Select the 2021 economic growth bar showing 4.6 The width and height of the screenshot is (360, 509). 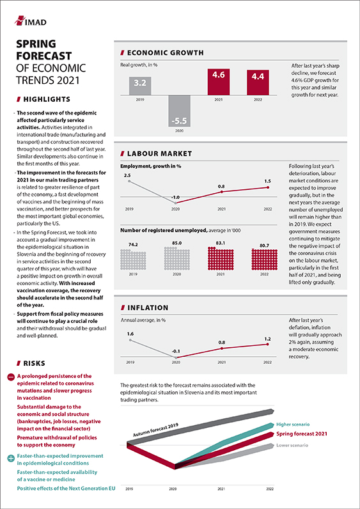coord(219,82)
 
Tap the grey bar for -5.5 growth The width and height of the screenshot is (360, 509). coord(179,111)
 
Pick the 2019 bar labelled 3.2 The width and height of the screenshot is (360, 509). coord(139,86)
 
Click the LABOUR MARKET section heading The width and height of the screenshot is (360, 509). coord(156,153)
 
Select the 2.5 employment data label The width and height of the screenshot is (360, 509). coord(129,175)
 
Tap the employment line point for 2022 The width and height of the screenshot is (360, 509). coord(267,187)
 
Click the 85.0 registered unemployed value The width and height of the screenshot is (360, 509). coord(176,242)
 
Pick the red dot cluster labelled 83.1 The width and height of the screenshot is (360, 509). coord(221,259)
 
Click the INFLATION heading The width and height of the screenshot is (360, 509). coord(145,308)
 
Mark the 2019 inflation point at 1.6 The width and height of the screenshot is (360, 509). coord(130,340)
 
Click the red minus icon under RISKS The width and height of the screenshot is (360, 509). coord(11,377)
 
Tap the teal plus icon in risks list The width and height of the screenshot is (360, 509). coord(11,458)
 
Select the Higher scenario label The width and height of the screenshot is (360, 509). coord(293,425)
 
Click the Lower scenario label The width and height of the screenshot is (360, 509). coord(292,445)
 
